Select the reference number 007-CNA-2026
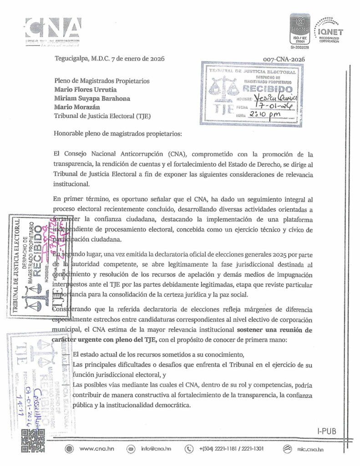point(284,59)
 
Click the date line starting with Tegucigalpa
point(109,58)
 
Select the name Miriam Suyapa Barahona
point(92,98)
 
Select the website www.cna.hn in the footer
point(96,449)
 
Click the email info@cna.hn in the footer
point(156,449)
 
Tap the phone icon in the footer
point(189,449)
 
